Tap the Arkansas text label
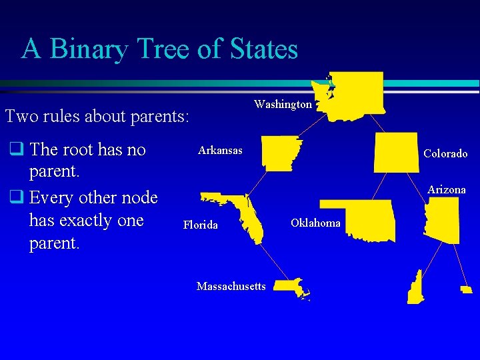coord(220,151)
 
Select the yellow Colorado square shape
coord(397,152)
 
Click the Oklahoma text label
coord(315,223)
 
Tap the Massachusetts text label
coord(231,287)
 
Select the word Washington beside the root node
coord(283,105)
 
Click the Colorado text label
coord(445,153)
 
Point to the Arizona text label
coord(447,190)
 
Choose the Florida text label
coord(201,225)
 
